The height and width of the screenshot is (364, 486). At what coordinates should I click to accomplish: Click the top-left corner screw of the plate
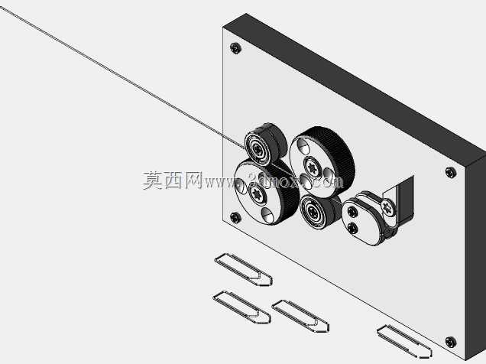click(235, 48)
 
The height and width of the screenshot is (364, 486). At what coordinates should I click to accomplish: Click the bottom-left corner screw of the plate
click(235, 217)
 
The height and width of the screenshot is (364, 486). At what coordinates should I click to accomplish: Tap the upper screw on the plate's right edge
click(450, 172)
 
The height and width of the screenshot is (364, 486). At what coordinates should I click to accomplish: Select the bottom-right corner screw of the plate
click(450, 342)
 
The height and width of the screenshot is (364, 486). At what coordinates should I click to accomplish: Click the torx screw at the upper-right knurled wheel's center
click(313, 167)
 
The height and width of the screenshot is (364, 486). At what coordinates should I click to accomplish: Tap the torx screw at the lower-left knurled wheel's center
click(258, 194)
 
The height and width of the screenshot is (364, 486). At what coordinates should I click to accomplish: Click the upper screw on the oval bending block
click(352, 212)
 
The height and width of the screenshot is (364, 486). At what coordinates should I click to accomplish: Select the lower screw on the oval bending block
click(353, 228)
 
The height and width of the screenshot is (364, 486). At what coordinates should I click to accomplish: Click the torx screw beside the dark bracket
click(387, 207)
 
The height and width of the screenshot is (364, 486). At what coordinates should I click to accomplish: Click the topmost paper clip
click(243, 269)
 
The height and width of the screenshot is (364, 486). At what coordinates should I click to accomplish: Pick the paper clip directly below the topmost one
click(241, 307)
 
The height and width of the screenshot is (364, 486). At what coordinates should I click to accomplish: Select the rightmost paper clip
click(404, 341)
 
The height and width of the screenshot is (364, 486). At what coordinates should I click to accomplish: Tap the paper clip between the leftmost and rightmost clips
click(300, 316)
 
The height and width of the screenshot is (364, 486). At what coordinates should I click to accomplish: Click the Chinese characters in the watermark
click(173, 180)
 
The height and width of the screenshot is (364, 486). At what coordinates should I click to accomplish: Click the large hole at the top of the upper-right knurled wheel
click(303, 146)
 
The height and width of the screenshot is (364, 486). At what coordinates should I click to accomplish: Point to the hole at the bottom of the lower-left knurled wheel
click(267, 215)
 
